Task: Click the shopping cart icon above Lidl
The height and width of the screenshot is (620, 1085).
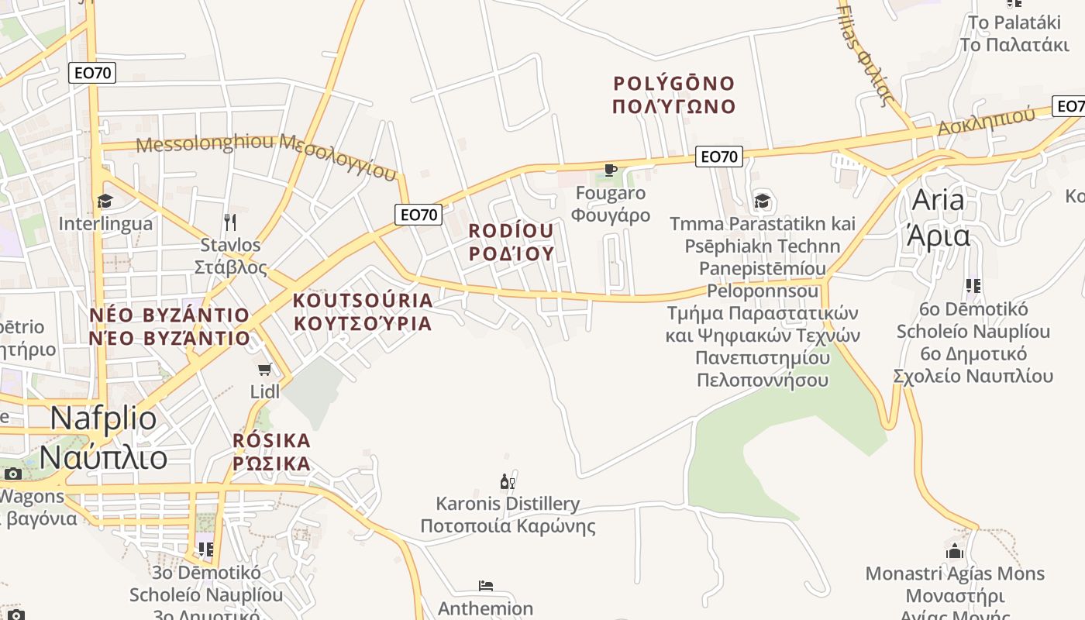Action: (265, 369)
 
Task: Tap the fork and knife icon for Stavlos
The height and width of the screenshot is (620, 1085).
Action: (229, 222)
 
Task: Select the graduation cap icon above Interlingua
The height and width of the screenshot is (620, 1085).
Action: (105, 201)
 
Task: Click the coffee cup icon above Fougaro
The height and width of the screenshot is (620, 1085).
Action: (611, 170)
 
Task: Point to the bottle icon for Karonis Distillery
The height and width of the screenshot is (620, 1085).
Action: (508, 482)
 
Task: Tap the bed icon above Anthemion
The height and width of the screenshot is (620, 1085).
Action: (486, 586)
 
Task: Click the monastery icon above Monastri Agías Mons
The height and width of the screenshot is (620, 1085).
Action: (955, 551)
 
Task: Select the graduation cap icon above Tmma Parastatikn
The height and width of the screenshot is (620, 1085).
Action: (763, 201)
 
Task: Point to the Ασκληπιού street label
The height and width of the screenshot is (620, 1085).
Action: (986, 121)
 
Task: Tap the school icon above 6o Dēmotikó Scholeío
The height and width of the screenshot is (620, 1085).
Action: (973, 286)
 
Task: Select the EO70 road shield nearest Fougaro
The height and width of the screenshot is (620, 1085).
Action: (718, 157)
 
